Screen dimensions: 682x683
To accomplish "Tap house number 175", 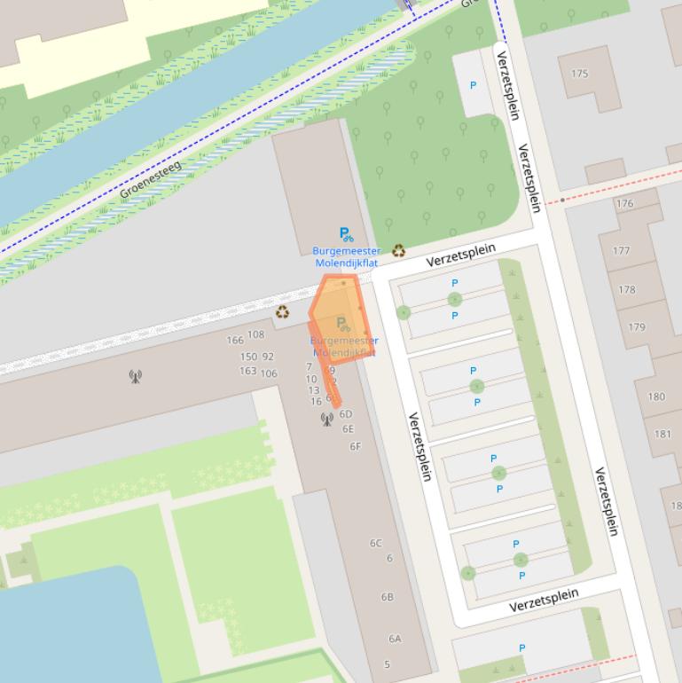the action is tap(580, 74).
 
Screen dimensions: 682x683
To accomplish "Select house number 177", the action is tap(621, 251).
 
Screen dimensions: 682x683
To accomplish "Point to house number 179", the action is tap(637, 327).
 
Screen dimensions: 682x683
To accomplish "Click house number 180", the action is tap(656, 396).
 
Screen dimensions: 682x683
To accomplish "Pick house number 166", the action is tap(234, 340).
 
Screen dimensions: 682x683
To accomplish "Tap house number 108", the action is tap(255, 334).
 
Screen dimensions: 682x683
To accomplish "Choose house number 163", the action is tap(247, 371).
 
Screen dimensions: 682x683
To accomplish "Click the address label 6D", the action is tap(346, 413).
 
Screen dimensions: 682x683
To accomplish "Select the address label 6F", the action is tap(355, 446).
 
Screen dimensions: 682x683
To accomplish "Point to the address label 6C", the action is tap(376, 543).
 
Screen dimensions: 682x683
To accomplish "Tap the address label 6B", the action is tap(387, 597).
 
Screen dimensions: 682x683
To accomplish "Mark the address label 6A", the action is tap(395, 638).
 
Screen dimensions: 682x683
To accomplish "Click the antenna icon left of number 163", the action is tap(135, 376).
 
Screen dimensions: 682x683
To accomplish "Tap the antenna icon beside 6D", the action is tap(326, 419).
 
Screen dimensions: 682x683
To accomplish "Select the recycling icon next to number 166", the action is tap(282, 311).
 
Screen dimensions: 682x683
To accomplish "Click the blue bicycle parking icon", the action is tap(346, 235).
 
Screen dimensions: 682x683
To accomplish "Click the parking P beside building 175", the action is tap(473, 86).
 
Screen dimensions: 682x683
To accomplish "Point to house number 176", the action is tap(624, 203).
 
